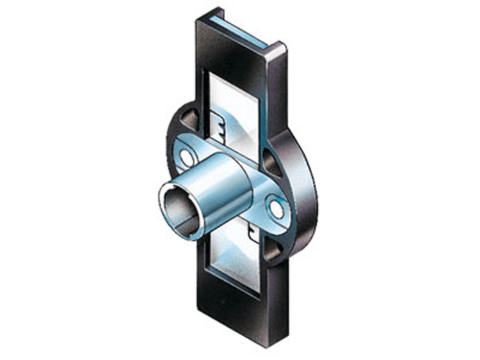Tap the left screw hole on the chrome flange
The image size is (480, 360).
pyautogui.click(x=186, y=155)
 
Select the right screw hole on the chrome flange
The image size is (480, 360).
pyautogui.click(x=277, y=208)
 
